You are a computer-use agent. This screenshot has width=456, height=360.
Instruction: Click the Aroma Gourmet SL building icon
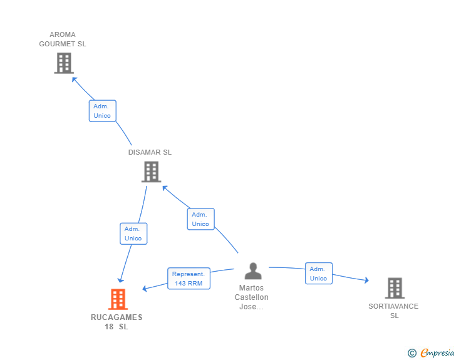[x=63, y=63]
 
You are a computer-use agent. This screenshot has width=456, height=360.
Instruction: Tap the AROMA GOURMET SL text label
[x=63, y=39]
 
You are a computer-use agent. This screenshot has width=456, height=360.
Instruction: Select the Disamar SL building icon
[x=151, y=172]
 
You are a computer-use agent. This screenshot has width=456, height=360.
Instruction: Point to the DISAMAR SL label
[x=150, y=152]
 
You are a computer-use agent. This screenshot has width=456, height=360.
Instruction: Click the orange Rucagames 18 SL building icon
[x=118, y=299]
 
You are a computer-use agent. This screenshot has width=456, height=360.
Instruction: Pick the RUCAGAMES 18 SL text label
[x=117, y=322]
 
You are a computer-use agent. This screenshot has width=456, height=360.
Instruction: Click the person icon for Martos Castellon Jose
[x=253, y=271]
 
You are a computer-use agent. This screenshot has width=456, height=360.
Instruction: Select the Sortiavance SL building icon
[x=394, y=288]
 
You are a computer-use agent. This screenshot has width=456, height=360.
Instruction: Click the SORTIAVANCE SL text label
[x=393, y=311]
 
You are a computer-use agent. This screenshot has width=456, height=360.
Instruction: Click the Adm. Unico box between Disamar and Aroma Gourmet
[x=102, y=111]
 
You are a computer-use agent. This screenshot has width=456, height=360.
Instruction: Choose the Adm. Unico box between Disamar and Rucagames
[x=133, y=234]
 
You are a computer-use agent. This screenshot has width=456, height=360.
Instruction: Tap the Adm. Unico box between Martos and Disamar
[x=200, y=219]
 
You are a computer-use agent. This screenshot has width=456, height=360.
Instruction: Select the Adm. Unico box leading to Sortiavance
[x=318, y=274]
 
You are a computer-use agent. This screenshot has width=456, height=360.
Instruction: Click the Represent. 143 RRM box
[x=189, y=279]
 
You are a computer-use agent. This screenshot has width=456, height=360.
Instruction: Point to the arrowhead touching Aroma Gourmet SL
[x=75, y=79]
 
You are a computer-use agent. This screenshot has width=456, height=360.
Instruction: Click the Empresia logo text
[x=437, y=352]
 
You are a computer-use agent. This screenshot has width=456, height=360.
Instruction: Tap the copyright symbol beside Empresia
[x=412, y=353]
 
